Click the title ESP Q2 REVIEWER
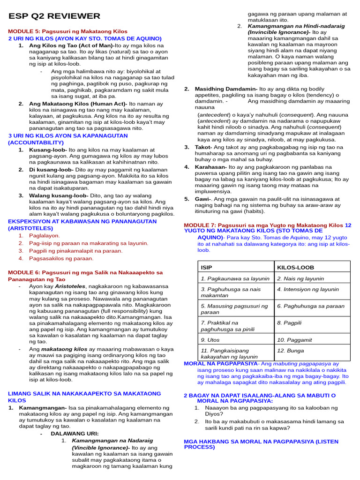coord(54,16)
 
